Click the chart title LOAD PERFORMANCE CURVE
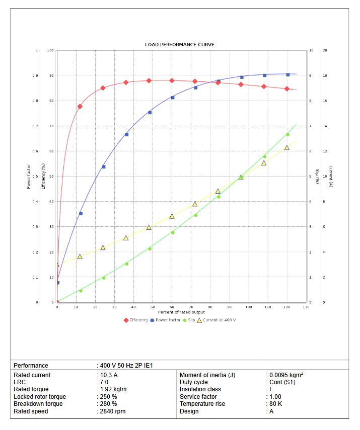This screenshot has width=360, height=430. coord(180,45)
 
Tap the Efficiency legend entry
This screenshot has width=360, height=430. coord(138,320)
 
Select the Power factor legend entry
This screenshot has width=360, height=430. coord(168,320)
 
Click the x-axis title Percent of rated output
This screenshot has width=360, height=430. coord(182,312)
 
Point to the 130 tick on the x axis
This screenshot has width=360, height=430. coord(306,307)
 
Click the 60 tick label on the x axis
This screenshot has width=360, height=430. coord(172,307)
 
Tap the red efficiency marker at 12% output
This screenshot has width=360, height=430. coord(80,107)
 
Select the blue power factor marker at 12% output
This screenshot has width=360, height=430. coord(80,214)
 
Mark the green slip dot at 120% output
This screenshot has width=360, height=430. coord(287,135)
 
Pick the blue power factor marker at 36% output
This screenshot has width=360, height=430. coord(126,135)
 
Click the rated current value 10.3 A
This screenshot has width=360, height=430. coord(108,375)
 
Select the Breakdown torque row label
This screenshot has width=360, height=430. coord(38,404)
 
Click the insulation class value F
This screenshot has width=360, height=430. coord(271,389)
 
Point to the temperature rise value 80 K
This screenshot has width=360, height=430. coord(275,404)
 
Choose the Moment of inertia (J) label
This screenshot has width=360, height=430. coord(207,375)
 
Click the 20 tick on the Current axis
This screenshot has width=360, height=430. coord(325,50)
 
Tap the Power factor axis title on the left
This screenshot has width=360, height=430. coord(29,177)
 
